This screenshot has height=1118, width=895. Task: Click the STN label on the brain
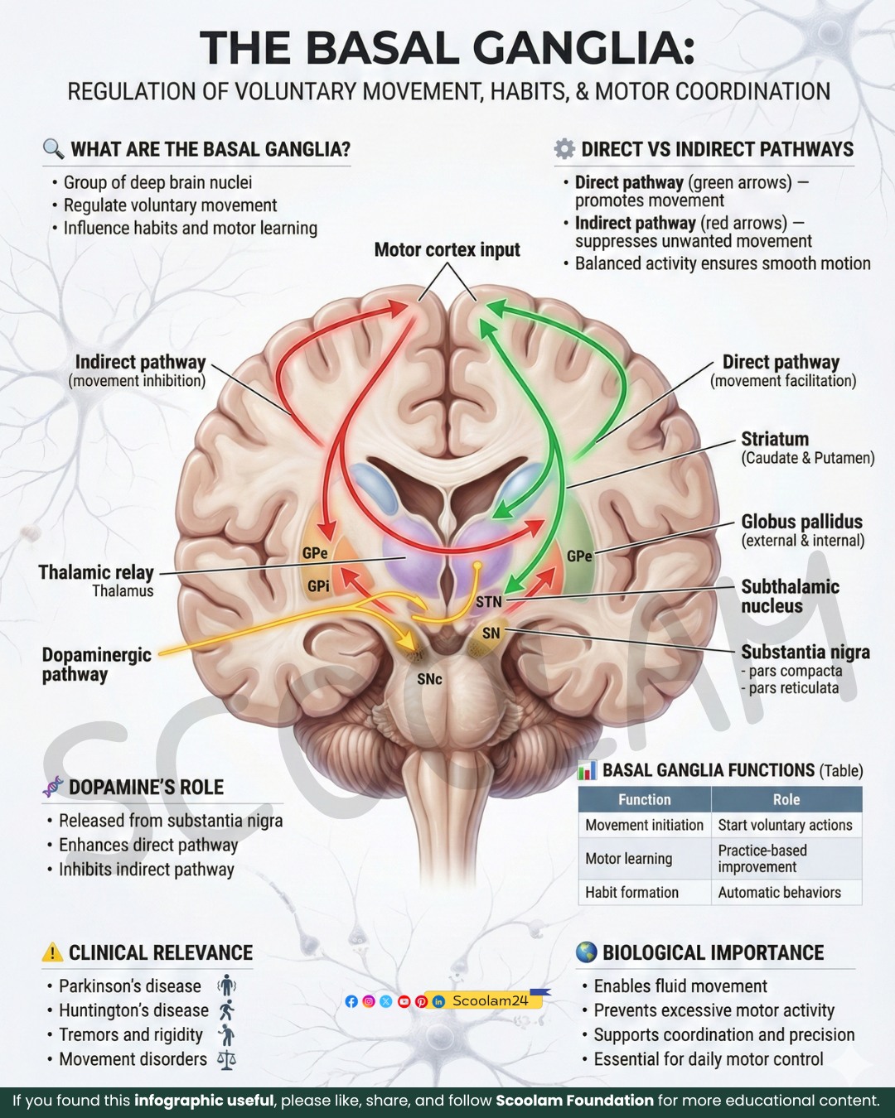pos(489,601)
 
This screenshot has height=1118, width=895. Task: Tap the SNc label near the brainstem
pos(429,679)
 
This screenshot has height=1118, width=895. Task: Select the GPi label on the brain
pos(318,586)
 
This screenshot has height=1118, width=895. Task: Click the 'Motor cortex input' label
pos(447,250)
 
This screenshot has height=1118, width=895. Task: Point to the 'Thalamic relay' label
pos(96,572)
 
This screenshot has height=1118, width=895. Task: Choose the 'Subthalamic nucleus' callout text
pos(790,596)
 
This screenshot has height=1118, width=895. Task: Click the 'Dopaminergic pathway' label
pos(97,664)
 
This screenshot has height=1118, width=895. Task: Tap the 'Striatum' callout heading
pos(775,439)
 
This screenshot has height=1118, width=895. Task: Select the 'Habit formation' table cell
pos(631,892)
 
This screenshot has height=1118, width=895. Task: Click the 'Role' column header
pos(786,799)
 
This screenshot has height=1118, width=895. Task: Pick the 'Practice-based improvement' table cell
pos(762,858)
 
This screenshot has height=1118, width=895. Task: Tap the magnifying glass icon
pos(53,148)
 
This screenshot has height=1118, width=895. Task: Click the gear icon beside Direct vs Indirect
pos(564,148)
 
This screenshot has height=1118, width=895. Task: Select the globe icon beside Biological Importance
pos(586,952)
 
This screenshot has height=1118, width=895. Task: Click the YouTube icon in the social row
pos(404,1001)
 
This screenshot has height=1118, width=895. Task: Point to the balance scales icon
pos(226,1060)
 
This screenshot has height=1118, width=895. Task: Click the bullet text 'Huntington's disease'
pos(133,1010)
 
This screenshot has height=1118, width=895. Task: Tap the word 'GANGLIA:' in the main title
pos(583,48)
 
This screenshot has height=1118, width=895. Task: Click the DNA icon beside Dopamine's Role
pos(52,787)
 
